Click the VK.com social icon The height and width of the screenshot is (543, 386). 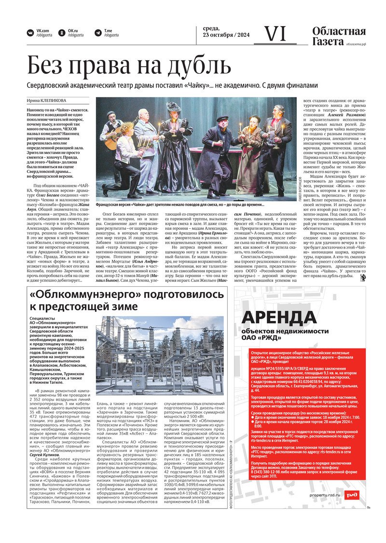coord(30,33)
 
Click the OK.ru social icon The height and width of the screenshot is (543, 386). coord(62,33)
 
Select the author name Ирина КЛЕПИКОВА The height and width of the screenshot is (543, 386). coord(46,101)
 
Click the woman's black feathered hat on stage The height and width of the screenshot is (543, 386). coord(173,107)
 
